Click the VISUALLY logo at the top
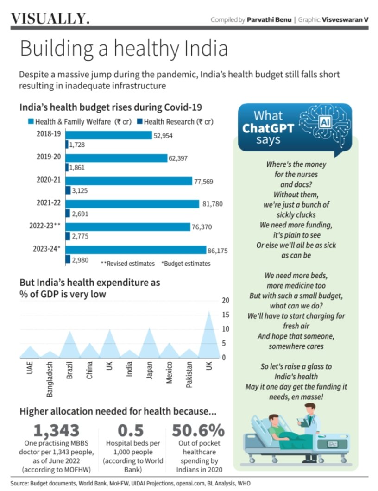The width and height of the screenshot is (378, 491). click(x=50, y=19)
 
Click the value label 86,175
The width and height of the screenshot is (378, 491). click(x=218, y=250)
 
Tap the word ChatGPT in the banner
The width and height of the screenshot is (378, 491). click(x=268, y=128)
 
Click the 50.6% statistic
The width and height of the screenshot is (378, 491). click(x=198, y=430)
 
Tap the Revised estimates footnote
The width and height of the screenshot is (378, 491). click(x=127, y=263)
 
